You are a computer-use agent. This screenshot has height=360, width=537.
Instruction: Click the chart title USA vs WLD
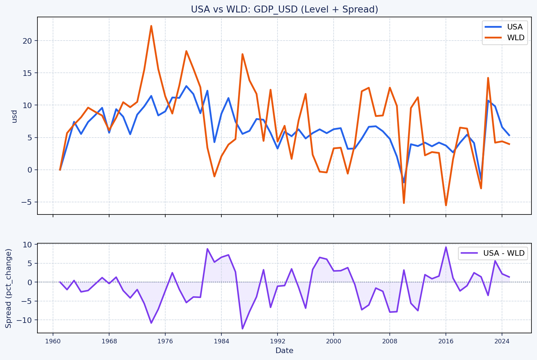point(284,9)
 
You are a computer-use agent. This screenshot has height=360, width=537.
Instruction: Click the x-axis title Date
point(284,351)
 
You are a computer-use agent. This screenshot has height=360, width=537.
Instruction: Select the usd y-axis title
point(14,116)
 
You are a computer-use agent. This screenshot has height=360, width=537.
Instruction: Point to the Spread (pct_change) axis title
point(9,288)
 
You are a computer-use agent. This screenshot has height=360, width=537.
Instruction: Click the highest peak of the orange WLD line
point(151,26)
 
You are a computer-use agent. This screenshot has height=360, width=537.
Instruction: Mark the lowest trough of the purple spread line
point(243,328)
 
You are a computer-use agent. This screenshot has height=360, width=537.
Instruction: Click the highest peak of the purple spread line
point(446,247)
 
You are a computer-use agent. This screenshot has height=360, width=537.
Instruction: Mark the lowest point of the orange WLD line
point(446,205)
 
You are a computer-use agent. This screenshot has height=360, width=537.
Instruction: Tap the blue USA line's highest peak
point(186,86)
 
